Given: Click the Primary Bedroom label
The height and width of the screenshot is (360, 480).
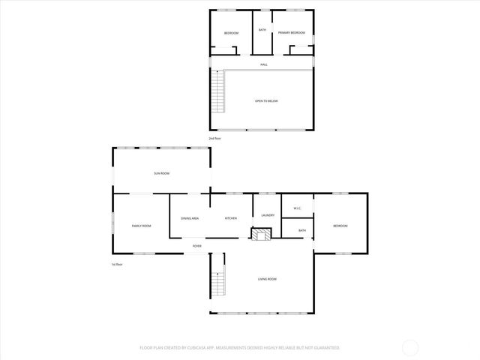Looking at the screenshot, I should pos(291,33).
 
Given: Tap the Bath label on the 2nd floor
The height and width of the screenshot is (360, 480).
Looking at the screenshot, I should pos(262,30).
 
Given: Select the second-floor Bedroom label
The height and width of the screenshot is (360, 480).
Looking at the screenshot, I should pos(231,33).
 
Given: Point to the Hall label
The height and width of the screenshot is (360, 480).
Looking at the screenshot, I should pos(264,64).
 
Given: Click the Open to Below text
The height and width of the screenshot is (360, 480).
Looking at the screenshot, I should pos(266,100).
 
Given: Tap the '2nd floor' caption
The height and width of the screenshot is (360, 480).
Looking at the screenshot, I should pos(215,138).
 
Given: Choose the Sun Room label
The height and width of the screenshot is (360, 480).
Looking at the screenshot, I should pos(161,173).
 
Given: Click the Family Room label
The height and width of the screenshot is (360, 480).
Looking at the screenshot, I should pos(141,226).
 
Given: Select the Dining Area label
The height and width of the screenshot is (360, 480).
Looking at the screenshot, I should pos(190,218).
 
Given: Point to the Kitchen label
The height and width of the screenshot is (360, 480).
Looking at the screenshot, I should pos(231,218).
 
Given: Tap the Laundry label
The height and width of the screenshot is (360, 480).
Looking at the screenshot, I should pos(268,215).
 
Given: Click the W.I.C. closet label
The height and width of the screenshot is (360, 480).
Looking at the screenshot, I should pos(297,209).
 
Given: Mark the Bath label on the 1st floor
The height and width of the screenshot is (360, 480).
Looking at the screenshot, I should pos(301,230).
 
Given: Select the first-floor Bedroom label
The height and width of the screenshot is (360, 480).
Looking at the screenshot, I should pos(340,226).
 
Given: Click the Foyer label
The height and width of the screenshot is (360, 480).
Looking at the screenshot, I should pos(197,246).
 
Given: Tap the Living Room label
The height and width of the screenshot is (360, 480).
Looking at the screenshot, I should pos(267,279).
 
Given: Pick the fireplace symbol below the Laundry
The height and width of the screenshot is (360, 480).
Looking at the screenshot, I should pos(259,235).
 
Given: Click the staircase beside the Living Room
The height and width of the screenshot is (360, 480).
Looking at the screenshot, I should pos(219,281).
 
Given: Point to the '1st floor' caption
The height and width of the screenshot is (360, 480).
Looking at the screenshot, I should pos(117,265).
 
